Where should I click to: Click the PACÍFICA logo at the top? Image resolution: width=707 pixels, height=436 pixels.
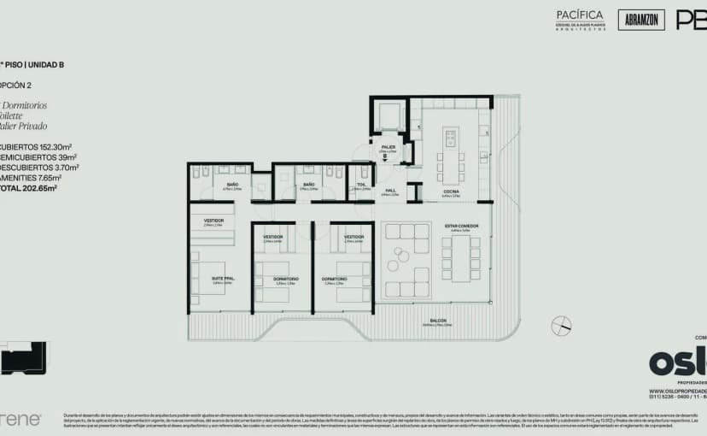tap(579, 15)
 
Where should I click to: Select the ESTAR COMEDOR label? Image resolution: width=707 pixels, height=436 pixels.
tap(461, 226)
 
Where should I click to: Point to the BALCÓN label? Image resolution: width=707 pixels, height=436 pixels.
tap(436, 321)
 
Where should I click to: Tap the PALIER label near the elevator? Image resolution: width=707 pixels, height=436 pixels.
tap(388, 147)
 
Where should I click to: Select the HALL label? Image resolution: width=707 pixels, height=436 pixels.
tap(389, 190)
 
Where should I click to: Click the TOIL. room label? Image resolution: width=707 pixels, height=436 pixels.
tap(360, 185)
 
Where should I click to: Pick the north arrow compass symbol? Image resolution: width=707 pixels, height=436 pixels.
tap(560, 326)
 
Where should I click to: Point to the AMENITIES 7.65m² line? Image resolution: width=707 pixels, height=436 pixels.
tap(32, 178)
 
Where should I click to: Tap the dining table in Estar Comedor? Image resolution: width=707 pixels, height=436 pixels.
tap(461, 258)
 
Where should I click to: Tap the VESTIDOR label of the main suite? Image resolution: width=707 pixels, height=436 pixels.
tap(213, 221)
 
